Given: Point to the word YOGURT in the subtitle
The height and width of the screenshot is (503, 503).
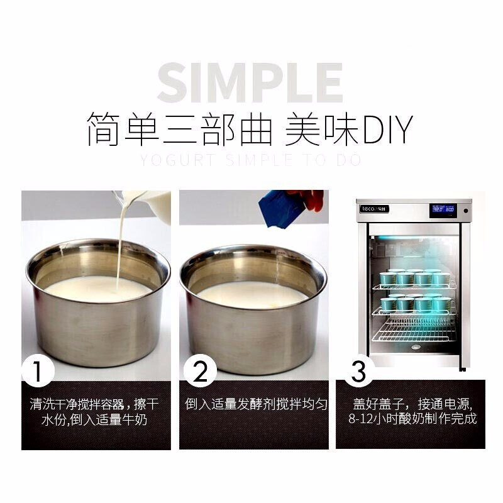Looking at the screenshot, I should click(167, 160).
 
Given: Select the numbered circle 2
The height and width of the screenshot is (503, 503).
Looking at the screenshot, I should click(199, 372).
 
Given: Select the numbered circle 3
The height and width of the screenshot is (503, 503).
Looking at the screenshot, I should click(358, 372).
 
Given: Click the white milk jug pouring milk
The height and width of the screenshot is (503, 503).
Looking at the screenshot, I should click(151, 204).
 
